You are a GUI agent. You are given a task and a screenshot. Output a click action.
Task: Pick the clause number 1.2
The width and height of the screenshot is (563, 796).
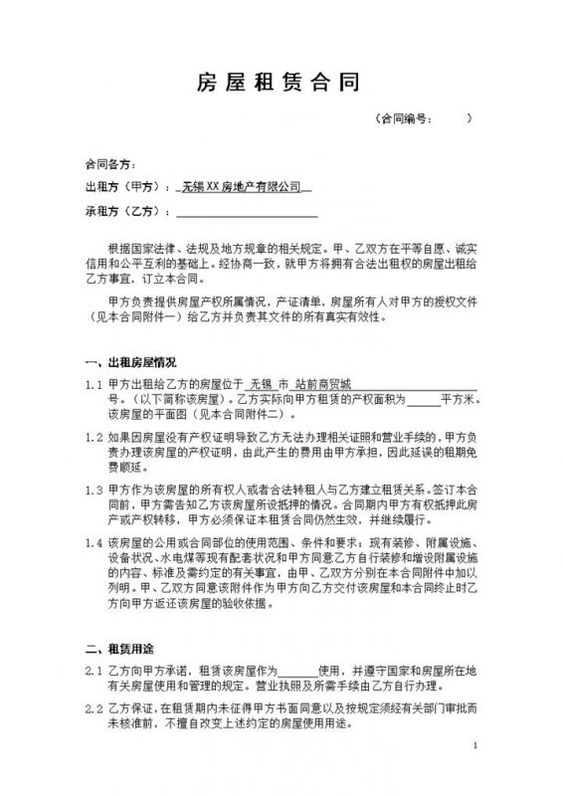94,437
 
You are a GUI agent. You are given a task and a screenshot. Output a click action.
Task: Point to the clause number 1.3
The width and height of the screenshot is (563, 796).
94,491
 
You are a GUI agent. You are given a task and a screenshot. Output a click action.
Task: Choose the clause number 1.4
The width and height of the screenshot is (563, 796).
94,543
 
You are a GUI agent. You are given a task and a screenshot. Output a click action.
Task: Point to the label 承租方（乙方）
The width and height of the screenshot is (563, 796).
121,211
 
